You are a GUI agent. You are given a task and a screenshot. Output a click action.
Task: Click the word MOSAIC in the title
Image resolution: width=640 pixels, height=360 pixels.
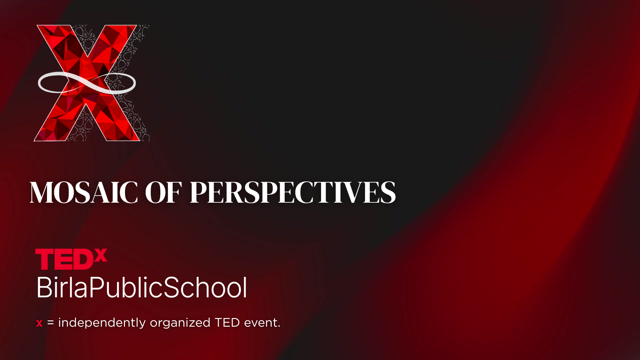pyautogui.click(x=84, y=192)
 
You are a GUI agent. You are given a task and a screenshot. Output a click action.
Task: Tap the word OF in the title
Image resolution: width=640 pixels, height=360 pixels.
pyautogui.click(x=164, y=192)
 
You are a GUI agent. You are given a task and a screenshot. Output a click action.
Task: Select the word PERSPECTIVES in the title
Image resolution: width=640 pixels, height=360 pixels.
pyautogui.click(x=293, y=192)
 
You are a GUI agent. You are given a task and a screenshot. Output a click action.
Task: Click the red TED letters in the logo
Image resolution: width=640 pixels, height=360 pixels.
pyautogui.click(x=64, y=259)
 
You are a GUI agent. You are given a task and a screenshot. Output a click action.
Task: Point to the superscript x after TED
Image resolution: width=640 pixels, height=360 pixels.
pyautogui.click(x=101, y=255)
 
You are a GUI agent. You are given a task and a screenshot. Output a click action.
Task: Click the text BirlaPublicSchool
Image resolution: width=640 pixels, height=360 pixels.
pyautogui.click(x=142, y=287)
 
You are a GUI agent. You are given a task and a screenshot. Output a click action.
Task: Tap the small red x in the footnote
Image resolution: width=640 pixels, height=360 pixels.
pyautogui.click(x=39, y=323)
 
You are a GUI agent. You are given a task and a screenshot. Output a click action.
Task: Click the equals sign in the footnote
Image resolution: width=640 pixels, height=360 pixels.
pyautogui.click(x=50, y=323)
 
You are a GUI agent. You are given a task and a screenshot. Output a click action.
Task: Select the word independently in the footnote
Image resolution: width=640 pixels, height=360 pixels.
pyautogui.click(x=102, y=323)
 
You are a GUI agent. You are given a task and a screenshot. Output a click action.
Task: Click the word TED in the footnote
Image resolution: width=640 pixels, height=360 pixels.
pyautogui.click(x=227, y=322)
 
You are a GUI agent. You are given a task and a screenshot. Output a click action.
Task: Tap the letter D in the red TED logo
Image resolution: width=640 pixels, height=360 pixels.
pyautogui.click(x=83, y=259)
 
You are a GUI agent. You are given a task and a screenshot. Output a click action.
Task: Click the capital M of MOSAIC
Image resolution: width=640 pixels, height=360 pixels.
pyautogui.click(x=42, y=192)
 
